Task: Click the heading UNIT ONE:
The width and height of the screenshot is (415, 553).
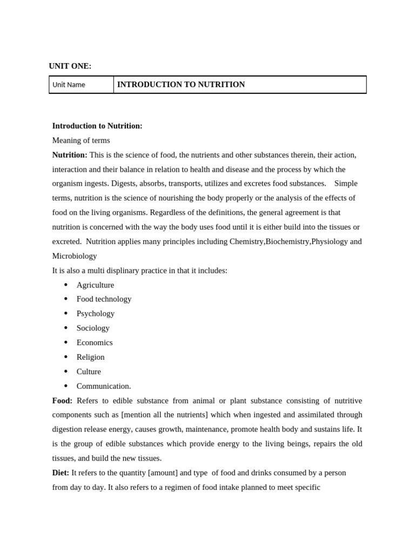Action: pos(70,66)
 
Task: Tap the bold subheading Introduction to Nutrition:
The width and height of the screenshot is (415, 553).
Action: pos(97,126)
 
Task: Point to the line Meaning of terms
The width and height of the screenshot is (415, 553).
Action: pos(81,140)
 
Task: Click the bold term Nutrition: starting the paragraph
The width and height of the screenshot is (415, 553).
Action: pos(70,155)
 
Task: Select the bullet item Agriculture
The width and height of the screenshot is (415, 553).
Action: pos(95,285)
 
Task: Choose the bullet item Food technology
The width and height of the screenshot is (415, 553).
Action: pos(104,299)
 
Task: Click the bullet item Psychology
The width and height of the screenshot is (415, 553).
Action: pos(96,314)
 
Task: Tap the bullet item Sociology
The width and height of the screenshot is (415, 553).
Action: pos(93,328)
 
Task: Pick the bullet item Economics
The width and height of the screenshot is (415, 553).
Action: pos(95,342)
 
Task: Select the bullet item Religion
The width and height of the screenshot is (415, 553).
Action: pos(91,357)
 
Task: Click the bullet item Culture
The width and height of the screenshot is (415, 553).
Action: pos(89,372)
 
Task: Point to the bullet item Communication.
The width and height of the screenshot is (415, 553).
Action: pos(104,386)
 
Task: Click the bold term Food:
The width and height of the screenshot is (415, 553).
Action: pos(62,401)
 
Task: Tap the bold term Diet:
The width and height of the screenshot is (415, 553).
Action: pos(61,473)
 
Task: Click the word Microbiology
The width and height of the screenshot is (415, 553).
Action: pos(75,256)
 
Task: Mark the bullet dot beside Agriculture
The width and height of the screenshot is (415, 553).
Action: pos(66,285)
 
